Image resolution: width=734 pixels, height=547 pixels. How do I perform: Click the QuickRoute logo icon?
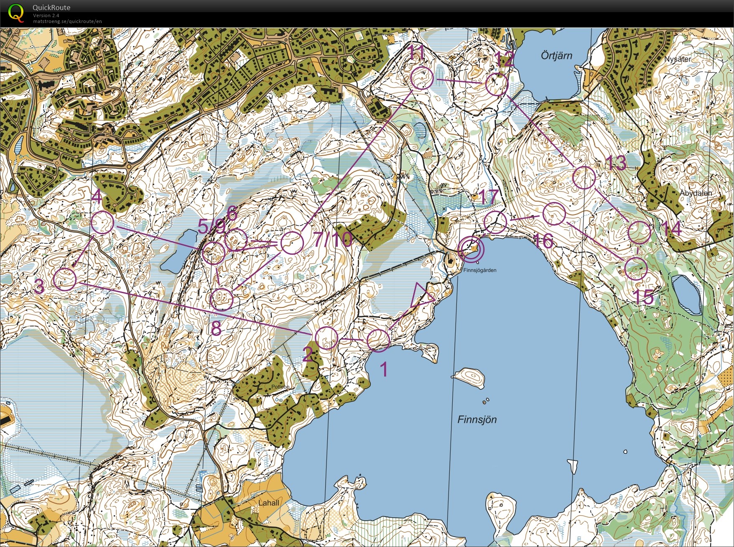(16, 12)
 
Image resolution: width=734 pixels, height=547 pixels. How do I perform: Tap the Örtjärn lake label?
(556, 56)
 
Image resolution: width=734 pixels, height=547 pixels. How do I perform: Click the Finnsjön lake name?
(477, 419)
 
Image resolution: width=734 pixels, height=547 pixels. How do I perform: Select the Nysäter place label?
(678, 59)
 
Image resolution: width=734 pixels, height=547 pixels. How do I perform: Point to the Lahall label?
(268, 503)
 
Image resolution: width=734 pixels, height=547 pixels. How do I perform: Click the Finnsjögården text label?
(479, 270)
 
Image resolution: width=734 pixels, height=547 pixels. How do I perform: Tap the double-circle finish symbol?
(471, 249)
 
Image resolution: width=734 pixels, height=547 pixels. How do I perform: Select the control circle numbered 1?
(378, 340)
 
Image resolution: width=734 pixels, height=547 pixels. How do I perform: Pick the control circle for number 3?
(65, 279)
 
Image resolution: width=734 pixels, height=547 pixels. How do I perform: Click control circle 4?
(102, 222)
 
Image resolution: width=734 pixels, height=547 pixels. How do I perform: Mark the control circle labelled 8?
(222, 299)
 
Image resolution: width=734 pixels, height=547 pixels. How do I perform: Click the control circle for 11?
(422, 78)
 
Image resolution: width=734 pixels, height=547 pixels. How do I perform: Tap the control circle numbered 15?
(636, 268)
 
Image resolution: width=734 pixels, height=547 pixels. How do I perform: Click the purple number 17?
(488, 197)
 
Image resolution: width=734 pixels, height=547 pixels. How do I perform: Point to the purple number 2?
(308, 355)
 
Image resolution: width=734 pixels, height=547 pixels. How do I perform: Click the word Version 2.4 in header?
(46, 15)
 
